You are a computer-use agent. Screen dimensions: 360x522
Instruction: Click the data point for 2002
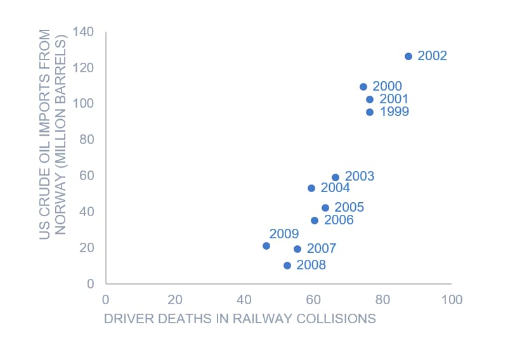click(408, 56)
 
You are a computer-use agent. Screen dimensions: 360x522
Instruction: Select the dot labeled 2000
click(363, 87)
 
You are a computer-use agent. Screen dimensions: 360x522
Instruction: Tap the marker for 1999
click(370, 112)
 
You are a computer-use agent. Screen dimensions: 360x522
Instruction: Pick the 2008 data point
click(287, 266)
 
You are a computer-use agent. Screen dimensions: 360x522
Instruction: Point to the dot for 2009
click(266, 246)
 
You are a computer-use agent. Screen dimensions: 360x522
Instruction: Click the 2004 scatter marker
click(311, 188)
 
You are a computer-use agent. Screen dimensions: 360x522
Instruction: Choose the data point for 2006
click(315, 221)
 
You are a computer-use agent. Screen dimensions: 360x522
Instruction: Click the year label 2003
click(360, 177)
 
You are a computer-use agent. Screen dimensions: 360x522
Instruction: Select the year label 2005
click(349, 208)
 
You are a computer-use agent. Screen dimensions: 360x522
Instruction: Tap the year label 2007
click(322, 249)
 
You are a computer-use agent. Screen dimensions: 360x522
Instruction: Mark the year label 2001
click(394, 100)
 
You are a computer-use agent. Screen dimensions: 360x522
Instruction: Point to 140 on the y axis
click(83, 32)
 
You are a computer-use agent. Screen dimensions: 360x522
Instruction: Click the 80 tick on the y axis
click(86, 139)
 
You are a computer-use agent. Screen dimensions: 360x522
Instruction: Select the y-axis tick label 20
click(86, 248)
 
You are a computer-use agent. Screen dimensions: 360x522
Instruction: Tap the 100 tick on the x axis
click(452, 300)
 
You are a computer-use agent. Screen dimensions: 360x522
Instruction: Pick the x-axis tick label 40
click(244, 300)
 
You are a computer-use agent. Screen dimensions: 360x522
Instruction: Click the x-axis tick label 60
click(313, 300)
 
